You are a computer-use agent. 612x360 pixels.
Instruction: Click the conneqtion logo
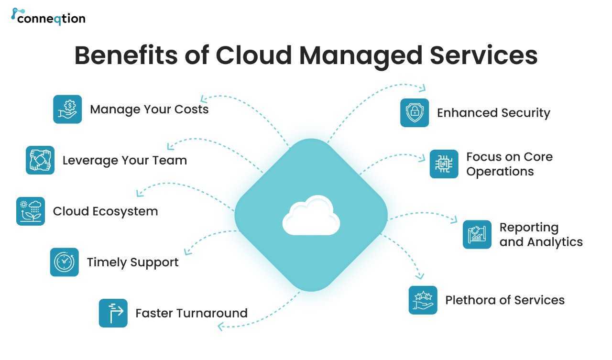coord(48,17)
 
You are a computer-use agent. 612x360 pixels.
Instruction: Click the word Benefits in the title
coord(126,55)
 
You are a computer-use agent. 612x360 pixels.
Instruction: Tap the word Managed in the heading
coord(361,57)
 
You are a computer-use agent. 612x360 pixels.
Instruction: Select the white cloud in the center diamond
coord(311,215)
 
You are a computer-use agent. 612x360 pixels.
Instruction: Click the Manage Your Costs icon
coord(67,109)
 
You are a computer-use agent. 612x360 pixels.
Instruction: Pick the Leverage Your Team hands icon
coord(40,160)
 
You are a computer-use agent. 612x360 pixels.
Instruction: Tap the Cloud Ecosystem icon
coord(31,211)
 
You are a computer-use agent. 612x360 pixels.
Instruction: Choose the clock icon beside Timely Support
coord(65,262)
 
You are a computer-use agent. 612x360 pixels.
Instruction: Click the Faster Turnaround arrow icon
coord(113,313)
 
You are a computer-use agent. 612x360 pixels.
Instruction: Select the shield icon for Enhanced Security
coord(415,113)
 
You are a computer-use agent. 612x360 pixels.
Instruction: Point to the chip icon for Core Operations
coord(444,164)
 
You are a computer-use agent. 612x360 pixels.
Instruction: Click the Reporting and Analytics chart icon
coord(477,235)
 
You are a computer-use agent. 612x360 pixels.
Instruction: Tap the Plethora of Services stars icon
coord(423,300)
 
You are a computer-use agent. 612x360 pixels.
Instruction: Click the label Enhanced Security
coord(494,113)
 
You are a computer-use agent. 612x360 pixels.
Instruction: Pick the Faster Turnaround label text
coord(192,313)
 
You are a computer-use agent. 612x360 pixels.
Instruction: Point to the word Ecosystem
coord(125,212)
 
